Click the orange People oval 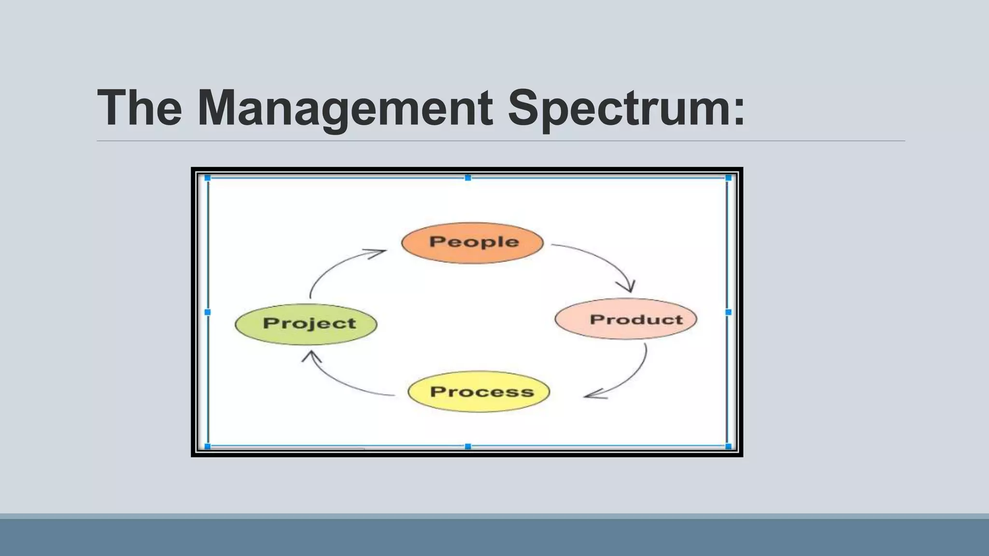point(472,243)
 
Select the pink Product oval point(626,319)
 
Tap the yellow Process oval point(479,391)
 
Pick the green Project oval point(306,324)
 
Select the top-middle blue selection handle point(467,178)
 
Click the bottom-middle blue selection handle point(467,446)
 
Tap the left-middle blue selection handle point(208,312)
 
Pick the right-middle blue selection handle point(728,312)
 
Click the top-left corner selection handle point(208,178)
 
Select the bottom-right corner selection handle point(728,446)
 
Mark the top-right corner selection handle point(728,178)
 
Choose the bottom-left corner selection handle point(208,446)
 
